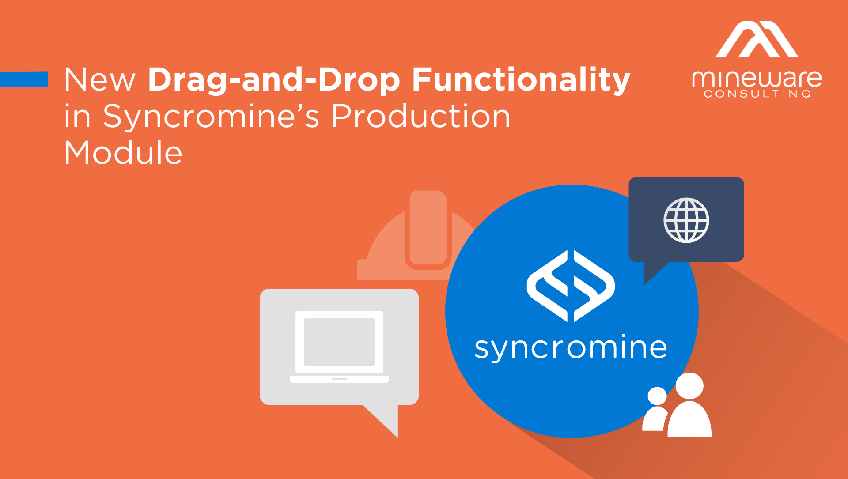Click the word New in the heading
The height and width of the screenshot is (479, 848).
[99, 80]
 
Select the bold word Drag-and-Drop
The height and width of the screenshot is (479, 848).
[274, 80]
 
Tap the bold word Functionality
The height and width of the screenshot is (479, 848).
[521, 80]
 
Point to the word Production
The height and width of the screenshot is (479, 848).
[421, 117]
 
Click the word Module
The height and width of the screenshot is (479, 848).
[123, 153]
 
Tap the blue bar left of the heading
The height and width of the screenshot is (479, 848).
[24, 79]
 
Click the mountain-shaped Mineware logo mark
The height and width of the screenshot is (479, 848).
[757, 40]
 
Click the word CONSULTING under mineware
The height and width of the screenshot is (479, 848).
[757, 94]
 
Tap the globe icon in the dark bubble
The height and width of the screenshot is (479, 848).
[686, 220]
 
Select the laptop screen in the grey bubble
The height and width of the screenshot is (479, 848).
[339, 342]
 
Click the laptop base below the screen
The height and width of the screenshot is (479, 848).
[339, 379]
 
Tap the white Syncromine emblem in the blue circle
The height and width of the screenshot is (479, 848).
[570, 286]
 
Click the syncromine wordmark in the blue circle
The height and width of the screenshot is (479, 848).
[570, 348]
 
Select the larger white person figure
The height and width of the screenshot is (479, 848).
[689, 406]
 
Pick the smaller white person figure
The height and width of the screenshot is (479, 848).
[656, 411]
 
